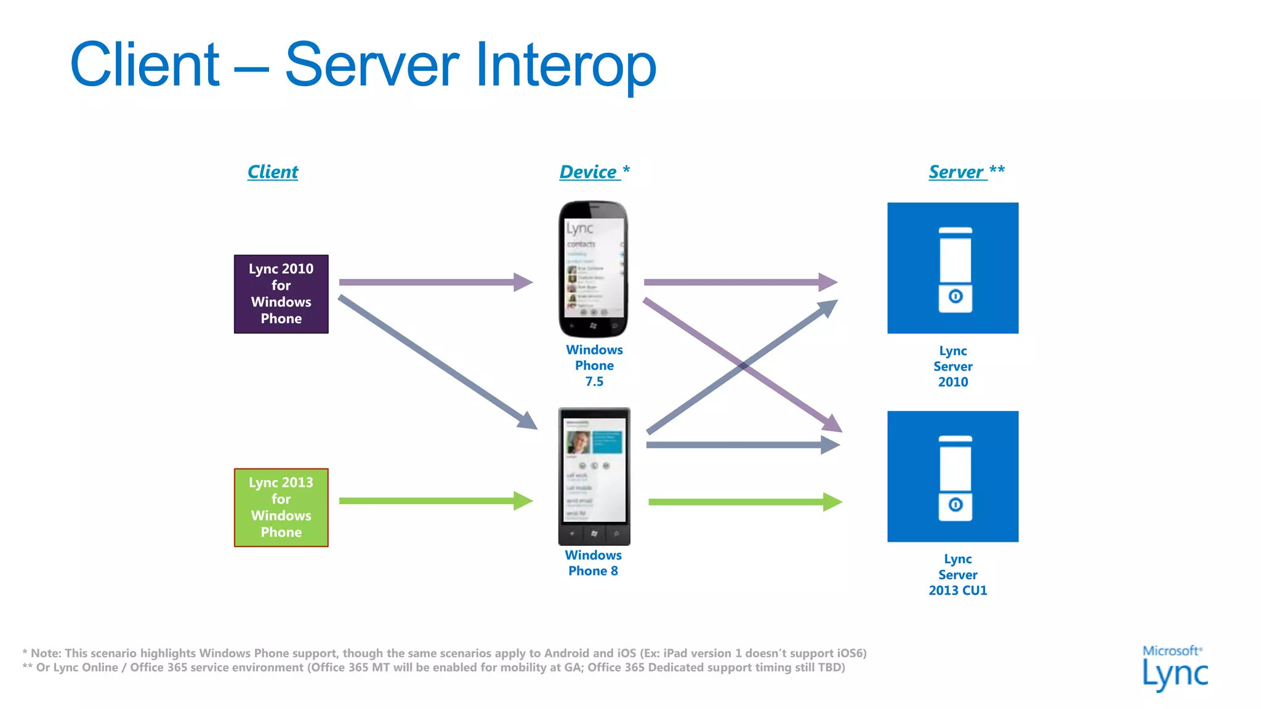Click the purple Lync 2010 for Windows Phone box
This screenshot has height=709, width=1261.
281,294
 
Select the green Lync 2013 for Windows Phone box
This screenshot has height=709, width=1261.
281,507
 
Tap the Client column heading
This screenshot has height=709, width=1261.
272,172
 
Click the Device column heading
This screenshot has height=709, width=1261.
589,172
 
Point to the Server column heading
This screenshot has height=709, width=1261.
957,172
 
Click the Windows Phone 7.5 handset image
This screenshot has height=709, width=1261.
593,268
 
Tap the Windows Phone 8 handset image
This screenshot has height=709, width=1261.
594,476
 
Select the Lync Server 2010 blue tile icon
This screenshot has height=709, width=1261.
953,268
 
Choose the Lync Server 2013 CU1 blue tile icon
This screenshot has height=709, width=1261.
953,476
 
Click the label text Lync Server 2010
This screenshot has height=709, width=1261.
953,366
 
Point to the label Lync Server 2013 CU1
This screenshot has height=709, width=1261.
957,575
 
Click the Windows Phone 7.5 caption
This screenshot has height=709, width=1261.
594,366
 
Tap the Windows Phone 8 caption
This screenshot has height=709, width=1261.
593,563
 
